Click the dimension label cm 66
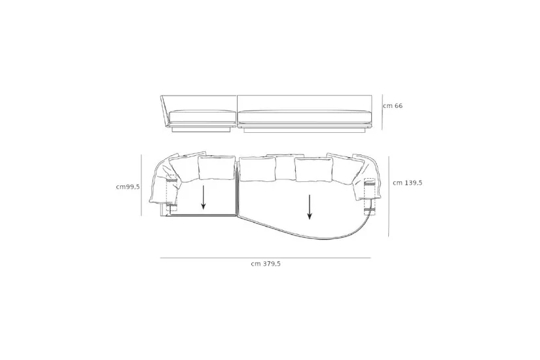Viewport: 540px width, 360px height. (393, 105)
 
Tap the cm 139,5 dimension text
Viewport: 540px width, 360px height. (407, 183)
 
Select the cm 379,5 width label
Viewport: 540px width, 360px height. (266, 264)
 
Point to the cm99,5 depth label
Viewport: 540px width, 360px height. (128, 187)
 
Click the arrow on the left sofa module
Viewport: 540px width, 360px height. (204, 197)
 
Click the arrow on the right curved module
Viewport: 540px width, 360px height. (310, 207)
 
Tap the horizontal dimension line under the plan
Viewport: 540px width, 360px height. (265, 258)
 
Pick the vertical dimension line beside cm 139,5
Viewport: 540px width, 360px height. (389, 196)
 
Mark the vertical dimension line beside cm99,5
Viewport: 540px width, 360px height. (141, 185)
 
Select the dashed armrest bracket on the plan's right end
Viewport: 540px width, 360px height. (369, 194)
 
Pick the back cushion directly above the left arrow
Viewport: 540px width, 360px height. (216, 168)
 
